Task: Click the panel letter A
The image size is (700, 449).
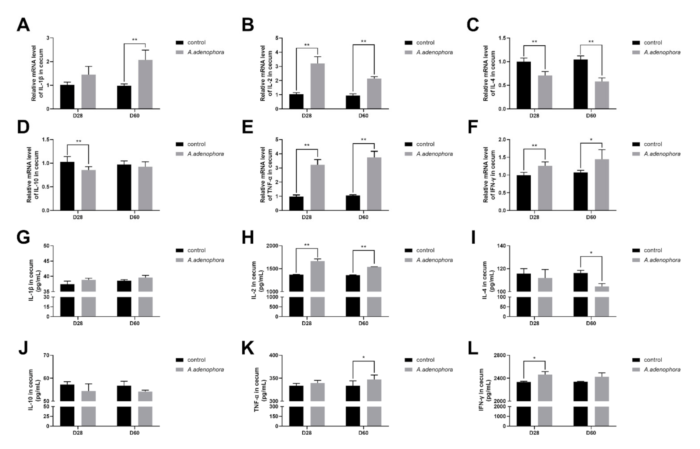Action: tap(23, 25)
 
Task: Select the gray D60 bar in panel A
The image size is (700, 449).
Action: tap(145, 84)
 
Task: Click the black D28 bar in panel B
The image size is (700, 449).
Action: tap(296, 101)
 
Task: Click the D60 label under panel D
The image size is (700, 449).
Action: tap(134, 217)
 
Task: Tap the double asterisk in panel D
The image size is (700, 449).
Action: tap(78, 142)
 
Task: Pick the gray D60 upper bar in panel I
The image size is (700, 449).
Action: tap(602, 289)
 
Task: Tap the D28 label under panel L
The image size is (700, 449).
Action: tap(534, 433)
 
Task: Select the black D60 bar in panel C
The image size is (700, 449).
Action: tap(580, 84)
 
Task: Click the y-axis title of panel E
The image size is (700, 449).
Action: tap(266, 174)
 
